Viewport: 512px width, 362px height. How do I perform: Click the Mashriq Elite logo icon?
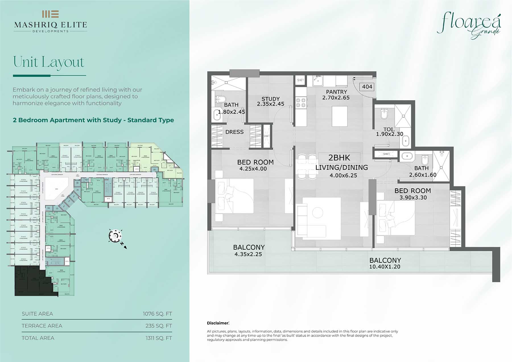click(x=50, y=14)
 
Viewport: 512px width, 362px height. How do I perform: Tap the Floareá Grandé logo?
click(x=469, y=26)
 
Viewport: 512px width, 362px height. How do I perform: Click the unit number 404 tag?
click(x=367, y=87)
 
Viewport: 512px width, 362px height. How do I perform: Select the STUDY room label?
click(x=271, y=99)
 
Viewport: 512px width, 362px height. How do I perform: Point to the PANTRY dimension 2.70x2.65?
click(x=336, y=98)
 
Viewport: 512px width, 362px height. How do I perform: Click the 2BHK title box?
click(x=339, y=158)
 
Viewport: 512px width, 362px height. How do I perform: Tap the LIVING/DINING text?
click(x=342, y=168)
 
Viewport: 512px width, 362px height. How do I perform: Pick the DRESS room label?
click(x=234, y=132)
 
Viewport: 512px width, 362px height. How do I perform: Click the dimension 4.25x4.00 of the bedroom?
click(x=253, y=169)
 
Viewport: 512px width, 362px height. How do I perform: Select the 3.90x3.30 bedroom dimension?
click(x=413, y=198)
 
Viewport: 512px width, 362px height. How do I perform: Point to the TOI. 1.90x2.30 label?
click(x=389, y=132)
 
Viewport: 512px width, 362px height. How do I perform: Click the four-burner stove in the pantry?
click(x=301, y=102)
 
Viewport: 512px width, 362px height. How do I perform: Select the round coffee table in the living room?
click(x=317, y=213)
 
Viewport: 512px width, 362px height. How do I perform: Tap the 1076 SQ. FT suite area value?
click(x=157, y=314)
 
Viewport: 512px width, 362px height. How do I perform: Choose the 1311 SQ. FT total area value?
click(x=158, y=338)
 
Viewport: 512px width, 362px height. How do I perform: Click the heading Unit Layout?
click(x=49, y=62)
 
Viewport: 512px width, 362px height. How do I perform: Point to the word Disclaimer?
click(x=218, y=323)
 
